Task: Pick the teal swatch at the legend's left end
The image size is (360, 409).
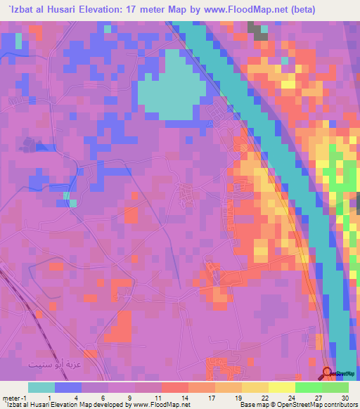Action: (x=41, y=387)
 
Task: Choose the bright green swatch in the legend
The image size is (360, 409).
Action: (x=308, y=387)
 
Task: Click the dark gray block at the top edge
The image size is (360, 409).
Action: (x=257, y=29)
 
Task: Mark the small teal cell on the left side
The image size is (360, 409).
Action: (x=72, y=204)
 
